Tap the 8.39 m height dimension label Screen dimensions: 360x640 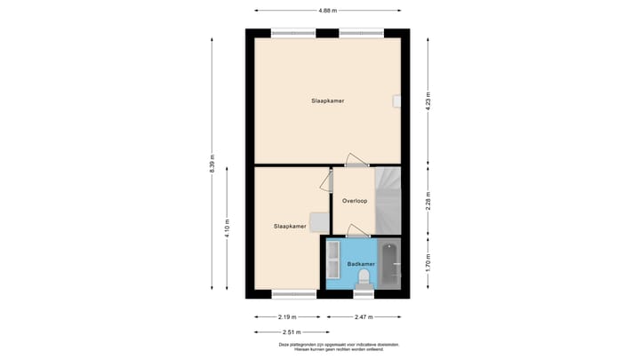point(212,165)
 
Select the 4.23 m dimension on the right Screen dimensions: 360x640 point(428,100)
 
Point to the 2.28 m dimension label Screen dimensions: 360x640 point(428,201)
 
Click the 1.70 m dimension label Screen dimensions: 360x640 point(428,263)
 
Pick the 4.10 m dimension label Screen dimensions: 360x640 point(227,228)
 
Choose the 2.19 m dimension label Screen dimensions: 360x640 point(288,316)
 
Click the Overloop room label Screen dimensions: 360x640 point(355,201)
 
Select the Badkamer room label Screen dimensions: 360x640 point(361,264)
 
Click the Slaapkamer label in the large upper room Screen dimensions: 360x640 point(327,100)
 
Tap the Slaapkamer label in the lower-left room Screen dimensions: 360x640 point(290,227)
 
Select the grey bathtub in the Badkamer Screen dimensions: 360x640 point(389,264)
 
